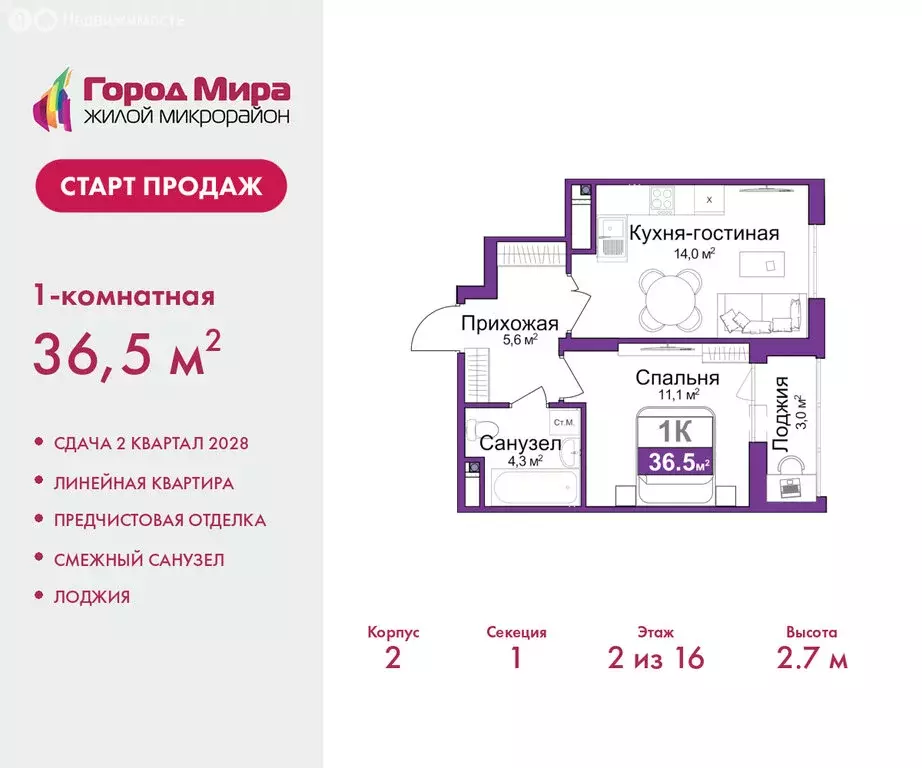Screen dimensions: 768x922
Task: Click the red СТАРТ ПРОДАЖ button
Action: [161, 186]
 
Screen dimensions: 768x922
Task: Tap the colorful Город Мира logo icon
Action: [55, 100]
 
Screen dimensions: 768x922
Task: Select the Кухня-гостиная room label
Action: [703, 234]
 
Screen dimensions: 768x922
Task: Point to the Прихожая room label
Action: [509, 323]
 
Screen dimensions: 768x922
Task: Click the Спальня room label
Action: [678, 378]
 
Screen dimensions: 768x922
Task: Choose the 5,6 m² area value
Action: [516, 340]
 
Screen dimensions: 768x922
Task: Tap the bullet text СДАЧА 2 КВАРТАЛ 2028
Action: [151, 443]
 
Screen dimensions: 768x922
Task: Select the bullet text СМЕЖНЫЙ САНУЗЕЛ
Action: [139, 559]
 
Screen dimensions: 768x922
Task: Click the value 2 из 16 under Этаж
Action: [655, 658]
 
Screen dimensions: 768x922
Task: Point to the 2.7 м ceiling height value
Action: [811, 658]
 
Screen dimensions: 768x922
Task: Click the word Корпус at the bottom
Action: [393, 632]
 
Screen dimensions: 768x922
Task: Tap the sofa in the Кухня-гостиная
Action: [769, 310]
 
